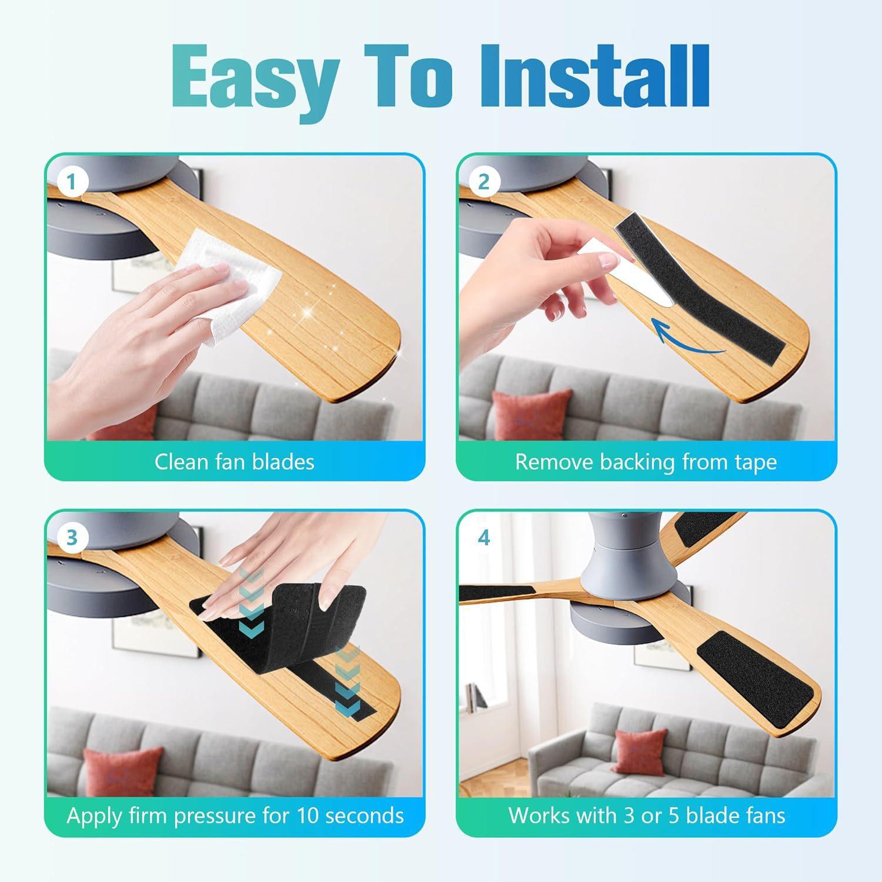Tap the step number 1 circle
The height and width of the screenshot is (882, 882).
[72, 182]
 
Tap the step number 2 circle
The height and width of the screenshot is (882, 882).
[483, 182]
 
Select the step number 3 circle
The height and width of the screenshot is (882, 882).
[72, 537]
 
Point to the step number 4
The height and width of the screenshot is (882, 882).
[483, 537]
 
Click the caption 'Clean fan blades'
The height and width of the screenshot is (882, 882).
[235, 462]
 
